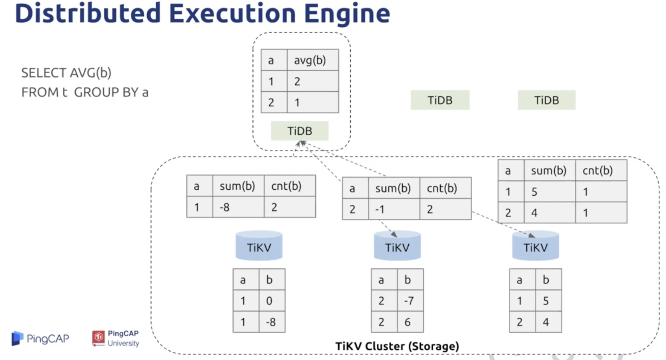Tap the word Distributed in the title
tap(88, 13)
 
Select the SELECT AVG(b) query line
tap(66, 73)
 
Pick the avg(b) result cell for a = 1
tap(313, 81)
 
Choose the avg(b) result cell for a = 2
tap(313, 102)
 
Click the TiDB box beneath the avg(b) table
tap(300, 131)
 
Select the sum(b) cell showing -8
tap(239, 207)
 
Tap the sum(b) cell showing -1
tap(394, 209)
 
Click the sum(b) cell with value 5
tap(550, 192)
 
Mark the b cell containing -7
tap(410, 300)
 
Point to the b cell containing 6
tap(410, 322)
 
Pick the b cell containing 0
tap(272, 300)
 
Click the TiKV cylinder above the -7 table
tap(397, 246)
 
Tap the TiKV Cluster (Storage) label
tap(397, 346)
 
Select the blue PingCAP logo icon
tap(17, 338)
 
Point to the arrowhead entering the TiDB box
tap(301, 144)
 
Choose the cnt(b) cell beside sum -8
tap(290, 207)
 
